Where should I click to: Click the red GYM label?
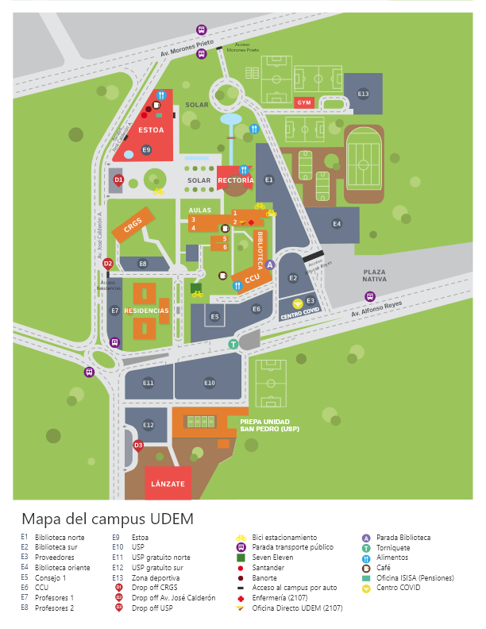coord(303,102)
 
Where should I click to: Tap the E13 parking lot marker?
coord(363,94)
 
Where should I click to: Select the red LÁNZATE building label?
coord(167,484)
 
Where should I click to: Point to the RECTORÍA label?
coord(235,181)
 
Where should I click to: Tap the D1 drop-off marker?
coord(118,180)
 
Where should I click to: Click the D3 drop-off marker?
coord(138,446)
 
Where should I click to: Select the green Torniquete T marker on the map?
coord(233,344)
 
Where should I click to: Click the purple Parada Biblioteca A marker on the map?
coord(269,264)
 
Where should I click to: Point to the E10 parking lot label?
coord(209,384)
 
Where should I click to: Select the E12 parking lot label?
coord(148,425)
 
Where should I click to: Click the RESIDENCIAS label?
coord(146,311)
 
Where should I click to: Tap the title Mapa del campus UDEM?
coord(107,519)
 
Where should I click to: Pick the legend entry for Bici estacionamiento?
coord(284,538)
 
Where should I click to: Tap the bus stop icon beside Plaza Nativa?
coord(369,296)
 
